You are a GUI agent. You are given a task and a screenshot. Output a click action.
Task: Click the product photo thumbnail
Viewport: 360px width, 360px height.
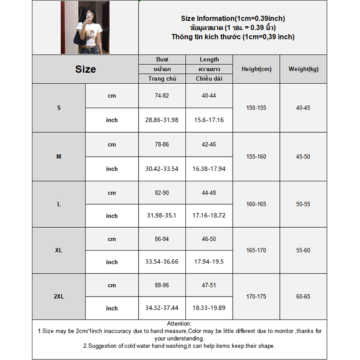pyautogui.click(x=85, y=27)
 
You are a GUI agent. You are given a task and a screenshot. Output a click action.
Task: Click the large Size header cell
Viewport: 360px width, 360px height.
pyautogui.click(x=85, y=69)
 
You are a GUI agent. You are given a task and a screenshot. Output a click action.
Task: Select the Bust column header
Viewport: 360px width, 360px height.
pyautogui.click(x=162, y=59)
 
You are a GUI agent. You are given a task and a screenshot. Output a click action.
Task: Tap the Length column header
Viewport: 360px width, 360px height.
pyautogui.click(x=209, y=59)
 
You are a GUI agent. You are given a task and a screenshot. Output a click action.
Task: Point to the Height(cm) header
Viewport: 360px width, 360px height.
pyautogui.click(x=256, y=69)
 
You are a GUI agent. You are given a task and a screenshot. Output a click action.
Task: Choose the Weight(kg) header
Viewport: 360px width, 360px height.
pyautogui.click(x=303, y=69)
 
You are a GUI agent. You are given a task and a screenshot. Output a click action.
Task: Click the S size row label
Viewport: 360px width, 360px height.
pyautogui.click(x=59, y=108)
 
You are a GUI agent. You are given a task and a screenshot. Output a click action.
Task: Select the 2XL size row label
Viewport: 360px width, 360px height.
pyautogui.click(x=59, y=297)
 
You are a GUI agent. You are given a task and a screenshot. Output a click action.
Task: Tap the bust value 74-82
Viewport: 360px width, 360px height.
pyautogui.click(x=162, y=96)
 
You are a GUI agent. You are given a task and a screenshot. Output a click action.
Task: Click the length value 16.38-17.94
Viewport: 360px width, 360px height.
pyautogui.click(x=209, y=169)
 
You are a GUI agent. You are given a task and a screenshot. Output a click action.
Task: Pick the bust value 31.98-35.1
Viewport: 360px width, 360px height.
pyautogui.click(x=162, y=216)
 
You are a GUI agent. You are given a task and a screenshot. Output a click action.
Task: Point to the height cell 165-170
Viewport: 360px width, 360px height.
pyautogui.click(x=256, y=250)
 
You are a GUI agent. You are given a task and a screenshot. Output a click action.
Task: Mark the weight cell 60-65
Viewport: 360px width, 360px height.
pyautogui.click(x=303, y=297)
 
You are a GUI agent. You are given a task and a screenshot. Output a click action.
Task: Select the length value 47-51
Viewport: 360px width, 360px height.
pyautogui.click(x=209, y=285)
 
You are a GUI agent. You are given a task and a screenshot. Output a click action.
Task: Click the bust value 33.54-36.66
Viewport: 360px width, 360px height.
pyautogui.click(x=162, y=262)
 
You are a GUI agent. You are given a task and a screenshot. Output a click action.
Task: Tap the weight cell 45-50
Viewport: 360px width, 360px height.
pyautogui.click(x=303, y=157)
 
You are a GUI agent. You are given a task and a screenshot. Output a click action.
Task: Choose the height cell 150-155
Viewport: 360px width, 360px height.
pyautogui.click(x=256, y=108)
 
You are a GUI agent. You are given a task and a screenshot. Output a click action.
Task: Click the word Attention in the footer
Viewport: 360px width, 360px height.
pyautogui.click(x=179, y=324)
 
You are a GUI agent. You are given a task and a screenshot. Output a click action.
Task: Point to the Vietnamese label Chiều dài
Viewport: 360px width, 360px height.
pyautogui.click(x=209, y=79)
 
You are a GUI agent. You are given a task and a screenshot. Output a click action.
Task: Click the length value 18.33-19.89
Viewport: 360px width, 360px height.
pyautogui.click(x=209, y=308)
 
